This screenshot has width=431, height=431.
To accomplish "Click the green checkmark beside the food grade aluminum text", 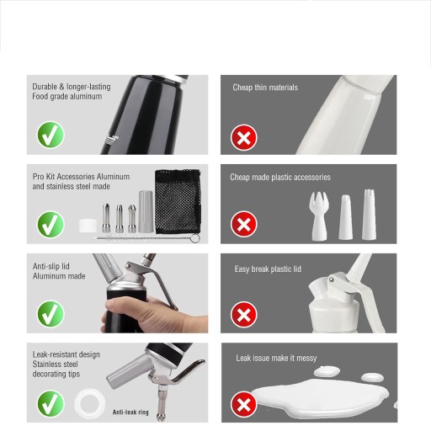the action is pos(51,135).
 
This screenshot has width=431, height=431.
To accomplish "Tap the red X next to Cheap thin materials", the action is pos(244,138).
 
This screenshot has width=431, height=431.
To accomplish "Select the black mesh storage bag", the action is pos(178,201).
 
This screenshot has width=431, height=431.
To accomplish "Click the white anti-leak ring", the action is pos(89,403).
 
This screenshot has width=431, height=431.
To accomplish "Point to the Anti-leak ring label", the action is pos(130,412).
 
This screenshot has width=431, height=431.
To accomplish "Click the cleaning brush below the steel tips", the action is pos(148,238).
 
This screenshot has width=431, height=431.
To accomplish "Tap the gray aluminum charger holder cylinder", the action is pos(146,211).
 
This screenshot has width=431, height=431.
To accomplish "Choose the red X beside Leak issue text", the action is pos(244,405).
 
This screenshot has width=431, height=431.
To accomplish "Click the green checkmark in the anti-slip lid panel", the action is pos(51,314).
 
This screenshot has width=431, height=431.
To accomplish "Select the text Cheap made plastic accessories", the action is pos(280,178).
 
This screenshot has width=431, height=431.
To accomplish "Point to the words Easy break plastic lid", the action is pos(268,269).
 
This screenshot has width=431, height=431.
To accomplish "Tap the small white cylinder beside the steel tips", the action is pos(88,226).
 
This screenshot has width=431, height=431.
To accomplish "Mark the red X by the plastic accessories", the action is pos(244,224).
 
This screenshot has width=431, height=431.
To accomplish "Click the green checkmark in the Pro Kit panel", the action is pos(51,225).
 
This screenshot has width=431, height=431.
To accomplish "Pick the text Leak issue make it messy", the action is pos(276,358).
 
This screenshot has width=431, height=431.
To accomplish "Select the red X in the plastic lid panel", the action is pos(244,315).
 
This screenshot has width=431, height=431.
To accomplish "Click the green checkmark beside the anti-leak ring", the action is pos(51,403).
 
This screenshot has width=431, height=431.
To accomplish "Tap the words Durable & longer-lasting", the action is pos(72,87).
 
